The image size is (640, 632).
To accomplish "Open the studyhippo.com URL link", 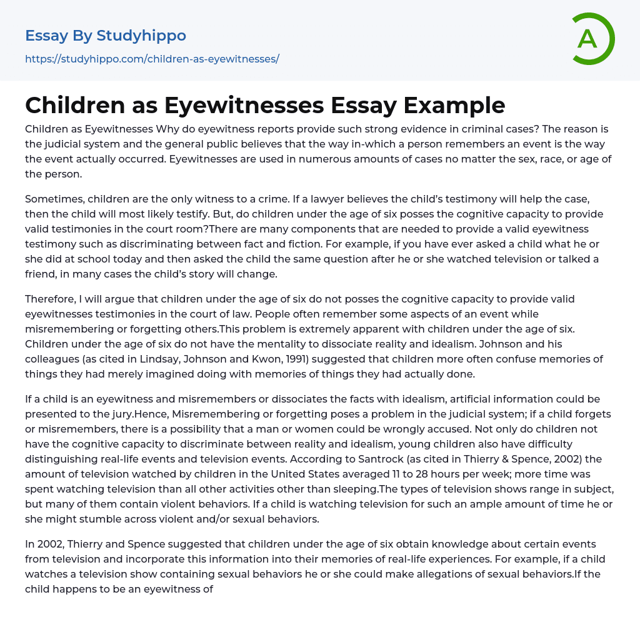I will point(152,59).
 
